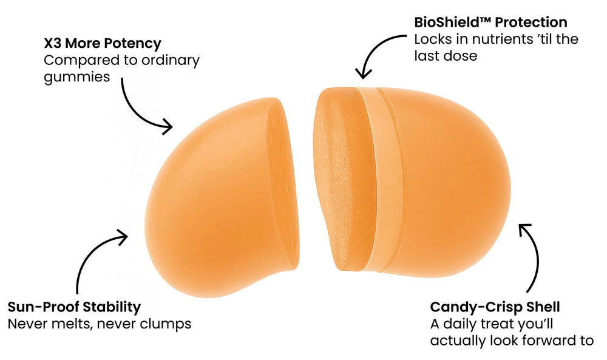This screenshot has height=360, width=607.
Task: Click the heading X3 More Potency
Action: [102, 44]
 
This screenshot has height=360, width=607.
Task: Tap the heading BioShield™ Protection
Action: [490, 22]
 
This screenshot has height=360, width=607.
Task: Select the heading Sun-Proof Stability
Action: [74, 307]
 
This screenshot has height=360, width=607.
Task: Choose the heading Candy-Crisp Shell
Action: [495, 307]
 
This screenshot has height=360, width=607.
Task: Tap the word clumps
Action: [164, 324]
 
